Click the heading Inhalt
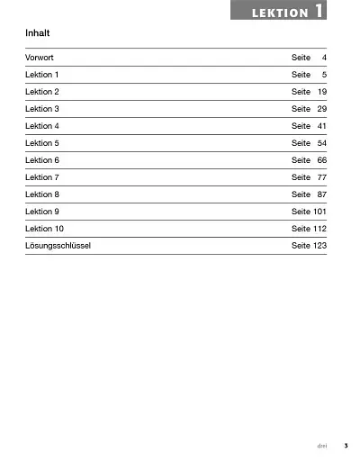38,33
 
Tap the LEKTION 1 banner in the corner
280,12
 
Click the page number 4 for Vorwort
323,58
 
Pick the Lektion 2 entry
42,92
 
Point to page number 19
321,92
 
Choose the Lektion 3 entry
42,109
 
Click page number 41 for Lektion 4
321,126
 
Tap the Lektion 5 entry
42,143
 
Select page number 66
321,160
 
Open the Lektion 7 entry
42,177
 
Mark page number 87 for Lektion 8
321,194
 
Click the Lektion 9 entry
42,212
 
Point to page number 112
319,229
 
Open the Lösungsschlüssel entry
58,246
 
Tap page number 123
319,246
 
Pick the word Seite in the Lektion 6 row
301,160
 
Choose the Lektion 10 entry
44,229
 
